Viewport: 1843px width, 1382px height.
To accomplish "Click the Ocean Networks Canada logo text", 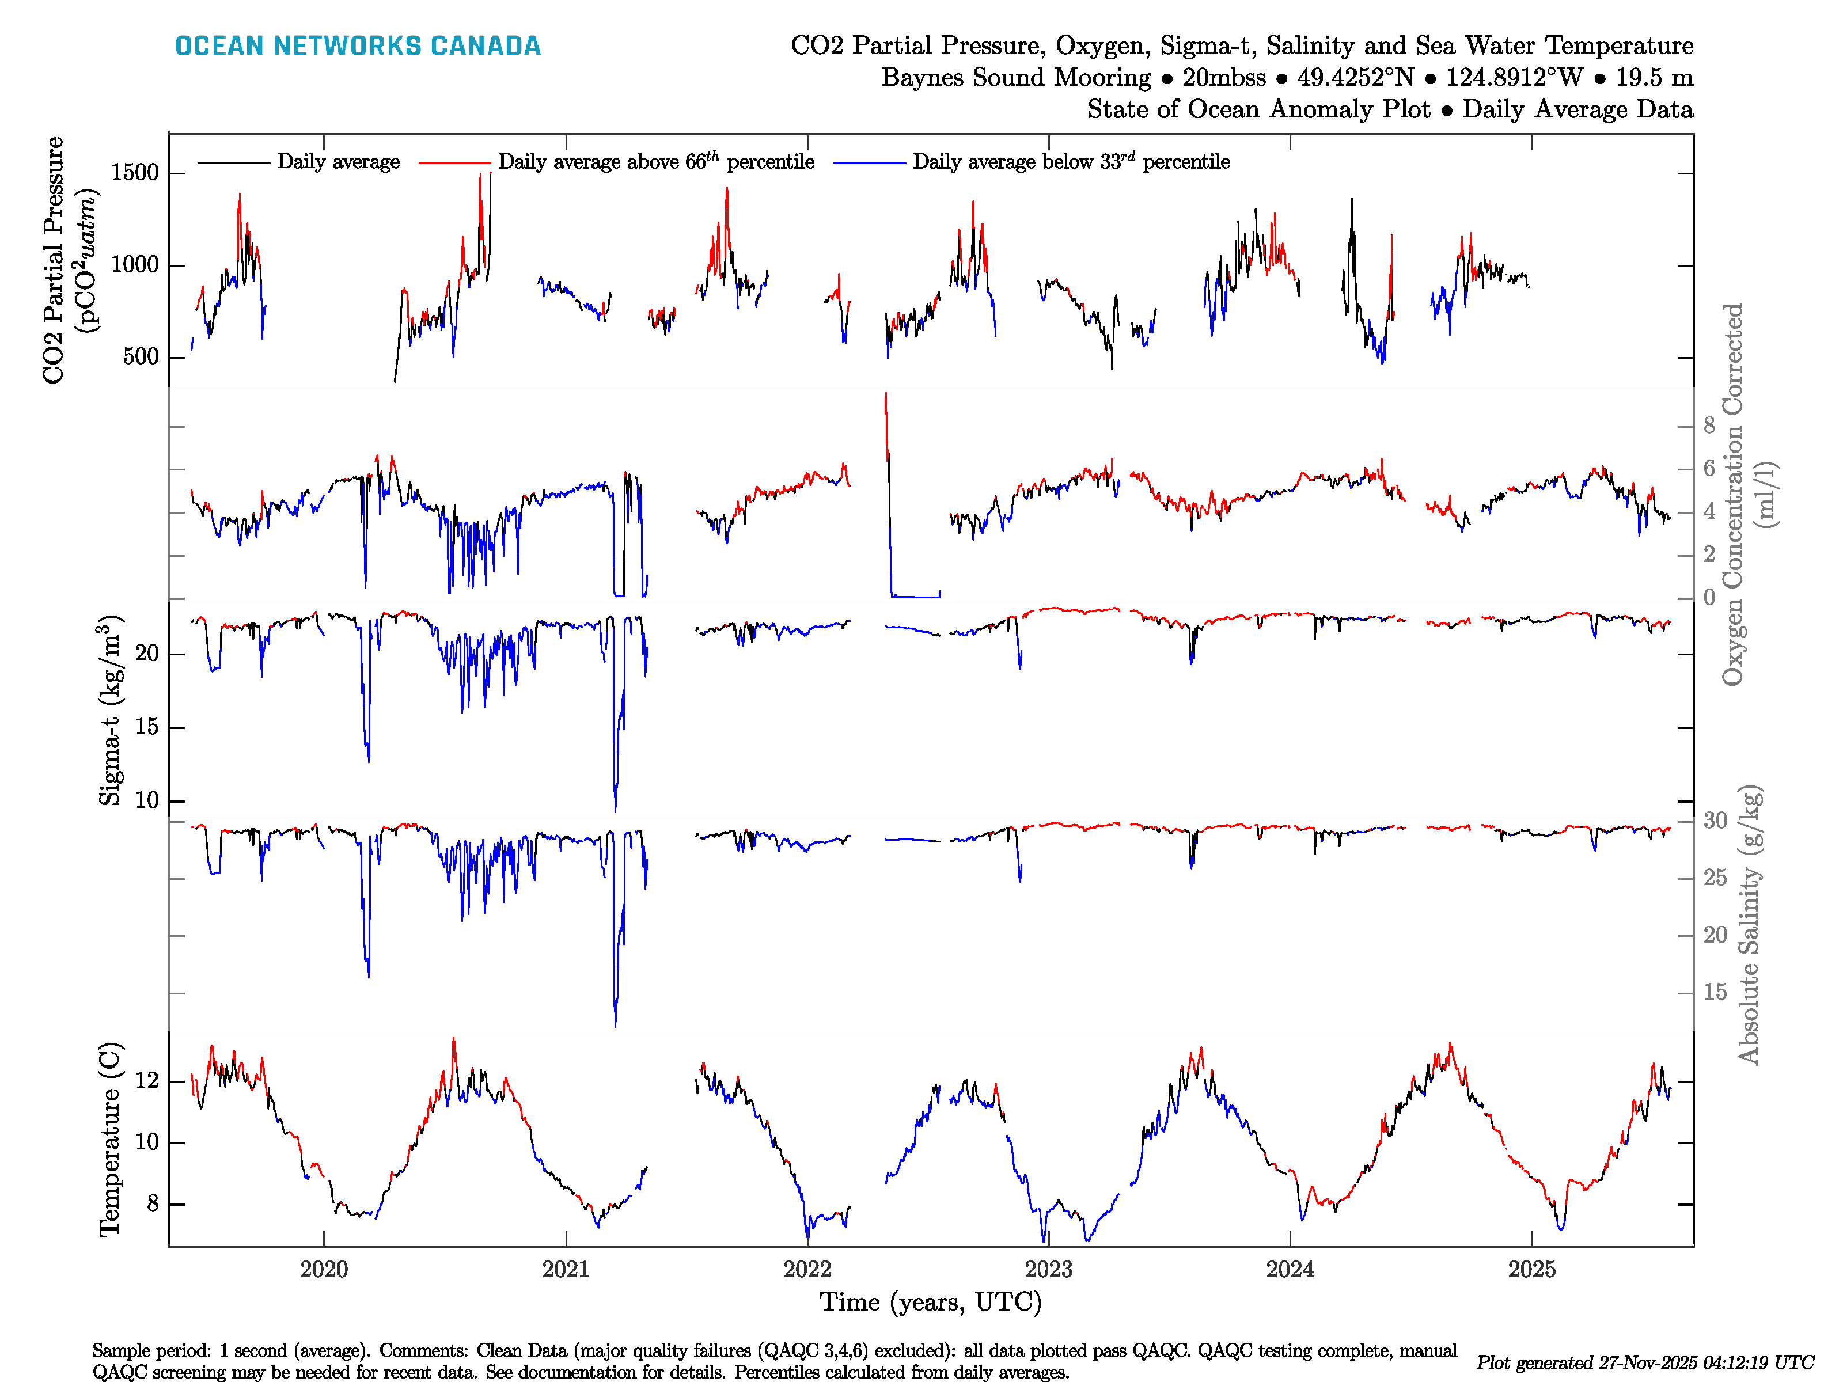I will (x=358, y=46).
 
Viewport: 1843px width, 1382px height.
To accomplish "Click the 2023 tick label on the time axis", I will (x=1048, y=1270).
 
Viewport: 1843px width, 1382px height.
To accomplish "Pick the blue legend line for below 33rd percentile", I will (x=869, y=162).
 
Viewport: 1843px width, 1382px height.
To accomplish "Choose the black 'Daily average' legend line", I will (x=233, y=162).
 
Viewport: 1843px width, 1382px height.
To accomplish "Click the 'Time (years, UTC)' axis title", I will (x=931, y=1302).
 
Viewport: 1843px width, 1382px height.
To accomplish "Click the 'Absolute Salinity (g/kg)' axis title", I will (x=1749, y=925).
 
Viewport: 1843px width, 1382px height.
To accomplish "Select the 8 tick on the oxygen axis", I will (x=1709, y=426).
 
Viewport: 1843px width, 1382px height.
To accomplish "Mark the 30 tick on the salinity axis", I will (x=1715, y=821).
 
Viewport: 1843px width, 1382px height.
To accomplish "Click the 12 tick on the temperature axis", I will (x=147, y=1080).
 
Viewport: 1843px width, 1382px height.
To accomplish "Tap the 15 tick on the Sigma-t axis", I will (x=147, y=727).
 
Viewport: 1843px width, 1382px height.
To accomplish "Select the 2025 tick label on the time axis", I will (x=1531, y=1270).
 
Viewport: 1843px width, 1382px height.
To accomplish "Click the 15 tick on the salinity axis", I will (x=1715, y=992).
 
